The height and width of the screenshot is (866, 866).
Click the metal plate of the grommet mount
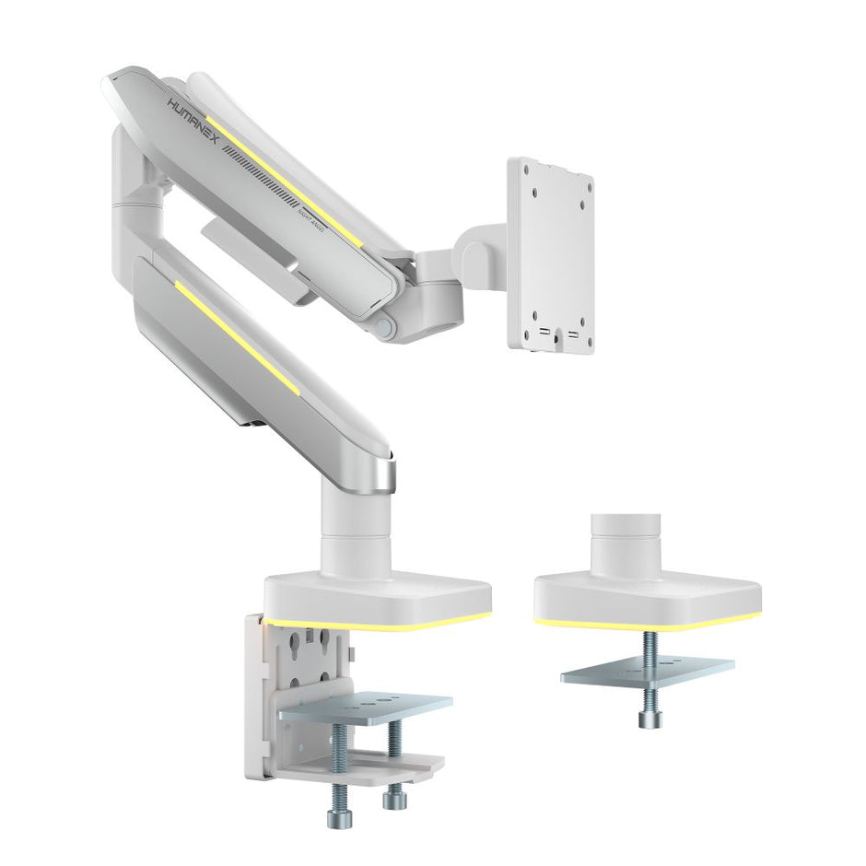(647, 670)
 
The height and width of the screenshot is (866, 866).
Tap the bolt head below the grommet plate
(647, 718)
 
